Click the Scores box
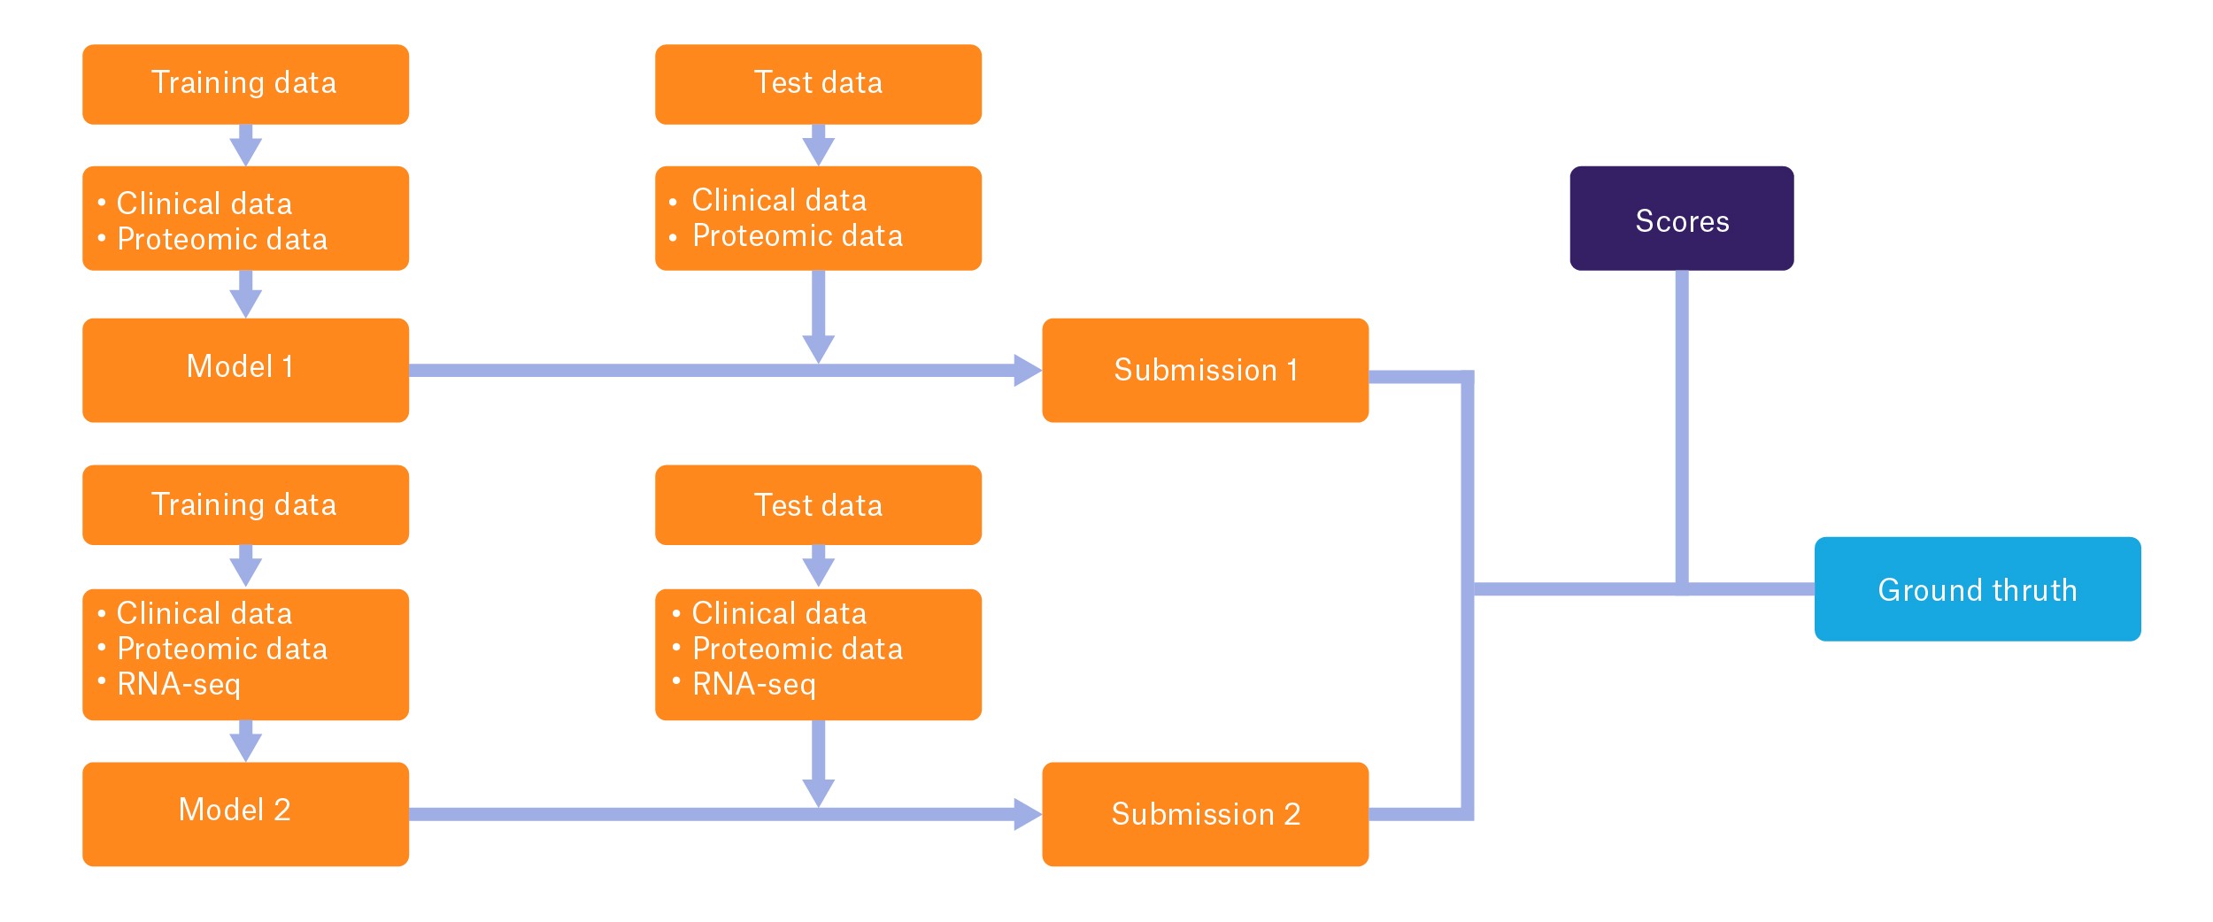(1681, 219)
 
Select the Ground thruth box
(1977, 589)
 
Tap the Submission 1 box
(1205, 370)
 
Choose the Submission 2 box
(1205, 814)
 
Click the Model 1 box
(245, 370)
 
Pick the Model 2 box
(245, 814)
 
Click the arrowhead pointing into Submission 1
(1027, 370)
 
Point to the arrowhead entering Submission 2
(1027, 814)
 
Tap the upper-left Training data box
(245, 84)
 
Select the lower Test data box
(818, 505)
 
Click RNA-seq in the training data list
(178, 684)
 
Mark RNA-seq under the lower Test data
(753, 684)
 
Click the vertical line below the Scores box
(1681, 425)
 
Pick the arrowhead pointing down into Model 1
(245, 303)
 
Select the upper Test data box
(818, 84)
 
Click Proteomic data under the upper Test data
(797, 236)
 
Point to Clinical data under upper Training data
(204, 204)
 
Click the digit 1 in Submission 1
(1292, 370)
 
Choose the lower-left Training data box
(245, 505)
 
